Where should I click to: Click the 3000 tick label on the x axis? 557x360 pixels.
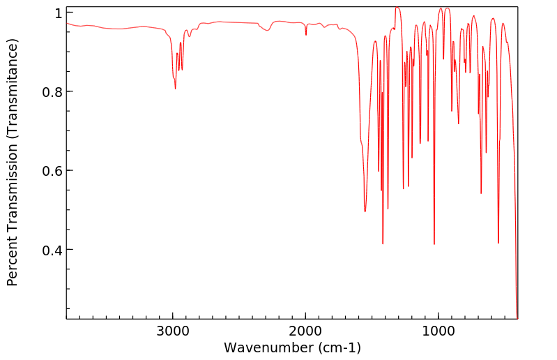173,330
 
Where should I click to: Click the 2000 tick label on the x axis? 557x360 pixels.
305,330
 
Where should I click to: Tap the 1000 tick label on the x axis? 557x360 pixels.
438,330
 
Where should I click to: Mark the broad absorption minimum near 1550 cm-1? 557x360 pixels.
365,211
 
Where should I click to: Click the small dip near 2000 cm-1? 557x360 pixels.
306,35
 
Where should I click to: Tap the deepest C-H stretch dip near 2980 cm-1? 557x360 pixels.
176,89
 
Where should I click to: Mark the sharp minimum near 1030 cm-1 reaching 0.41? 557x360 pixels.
434,244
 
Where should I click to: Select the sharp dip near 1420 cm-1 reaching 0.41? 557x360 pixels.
383,243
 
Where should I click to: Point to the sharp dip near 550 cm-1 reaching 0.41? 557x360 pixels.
498,243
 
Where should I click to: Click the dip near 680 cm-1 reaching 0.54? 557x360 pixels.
481,193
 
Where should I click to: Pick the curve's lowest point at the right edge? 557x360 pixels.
517,317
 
